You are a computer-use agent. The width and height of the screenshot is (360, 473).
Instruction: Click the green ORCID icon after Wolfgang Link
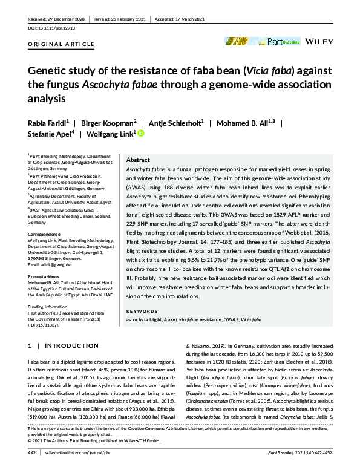click(x=142, y=134)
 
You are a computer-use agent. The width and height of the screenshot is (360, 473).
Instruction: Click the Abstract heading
click(x=139, y=160)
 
